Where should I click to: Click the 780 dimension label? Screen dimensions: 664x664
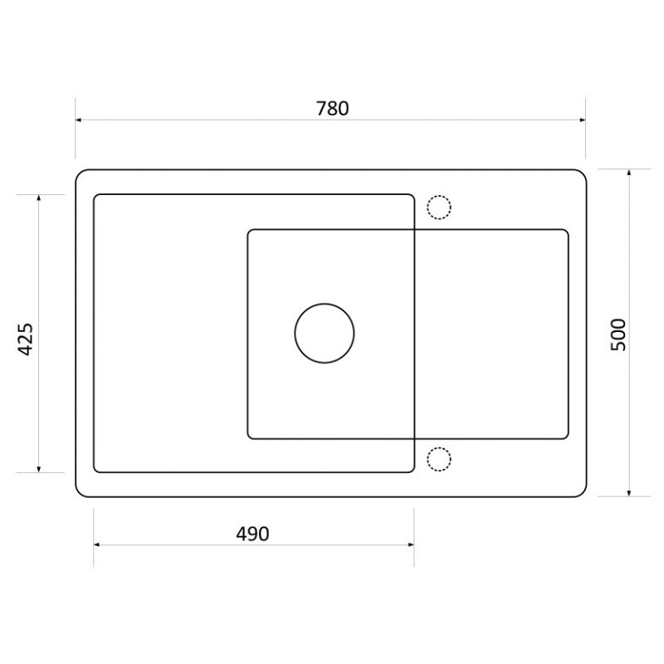click(333, 109)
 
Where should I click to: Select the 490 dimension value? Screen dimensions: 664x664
click(252, 534)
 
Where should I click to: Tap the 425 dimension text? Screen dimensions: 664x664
click(26, 339)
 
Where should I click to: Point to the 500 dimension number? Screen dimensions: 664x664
click(618, 334)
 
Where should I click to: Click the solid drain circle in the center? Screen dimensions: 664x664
click(325, 304)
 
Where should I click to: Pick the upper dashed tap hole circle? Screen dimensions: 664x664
click(439, 196)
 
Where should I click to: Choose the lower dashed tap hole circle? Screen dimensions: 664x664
click(439, 447)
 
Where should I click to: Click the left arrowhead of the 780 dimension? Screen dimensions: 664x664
click(78, 120)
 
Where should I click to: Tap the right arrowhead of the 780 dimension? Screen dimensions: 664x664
click(583, 120)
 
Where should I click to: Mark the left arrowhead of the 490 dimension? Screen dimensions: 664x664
click(96, 544)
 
